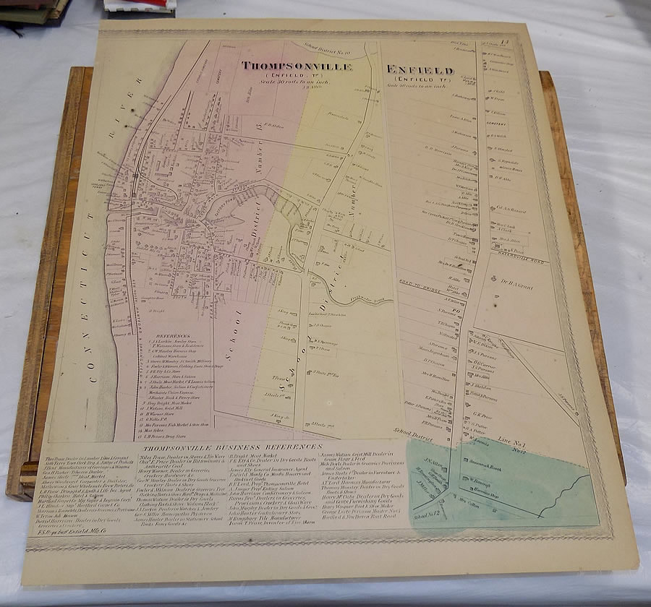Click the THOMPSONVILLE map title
pos(297,66)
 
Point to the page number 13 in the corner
pos(509,47)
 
